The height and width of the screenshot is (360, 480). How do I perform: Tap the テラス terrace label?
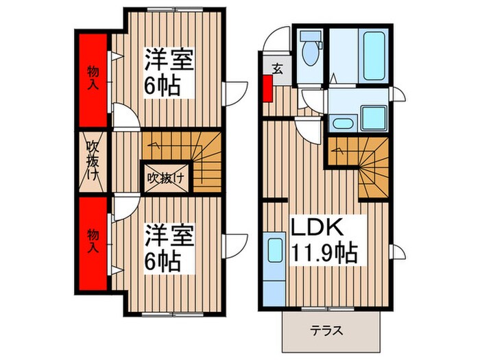pos(331,330)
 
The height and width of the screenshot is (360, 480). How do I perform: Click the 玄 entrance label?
pos(277,68)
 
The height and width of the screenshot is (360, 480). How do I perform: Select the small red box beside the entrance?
pos(267,88)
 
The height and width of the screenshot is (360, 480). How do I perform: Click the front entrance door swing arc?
pos(278,38)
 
